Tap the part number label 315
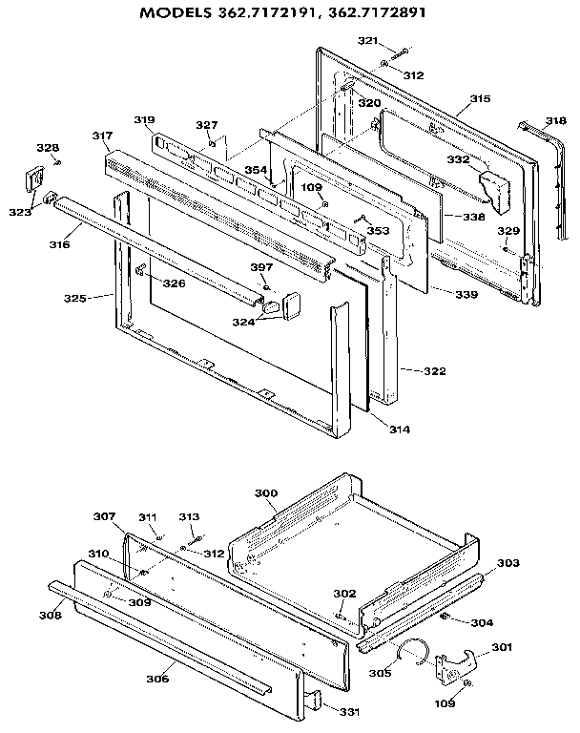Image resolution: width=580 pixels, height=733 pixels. point(480,99)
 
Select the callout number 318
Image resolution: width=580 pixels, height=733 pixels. point(556,121)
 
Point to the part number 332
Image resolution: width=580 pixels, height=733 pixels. point(459,160)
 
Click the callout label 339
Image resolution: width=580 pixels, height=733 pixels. point(466,295)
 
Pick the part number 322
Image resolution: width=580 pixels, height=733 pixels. point(421,370)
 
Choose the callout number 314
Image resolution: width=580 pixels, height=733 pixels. point(399,430)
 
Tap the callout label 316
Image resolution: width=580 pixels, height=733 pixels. point(59,245)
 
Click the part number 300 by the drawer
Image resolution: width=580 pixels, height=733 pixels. point(266,492)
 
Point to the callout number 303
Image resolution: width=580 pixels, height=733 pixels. point(507,563)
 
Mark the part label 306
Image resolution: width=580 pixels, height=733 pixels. point(158,679)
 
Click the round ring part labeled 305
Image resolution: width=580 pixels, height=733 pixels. point(411,652)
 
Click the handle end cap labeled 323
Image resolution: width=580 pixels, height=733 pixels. point(34,178)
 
